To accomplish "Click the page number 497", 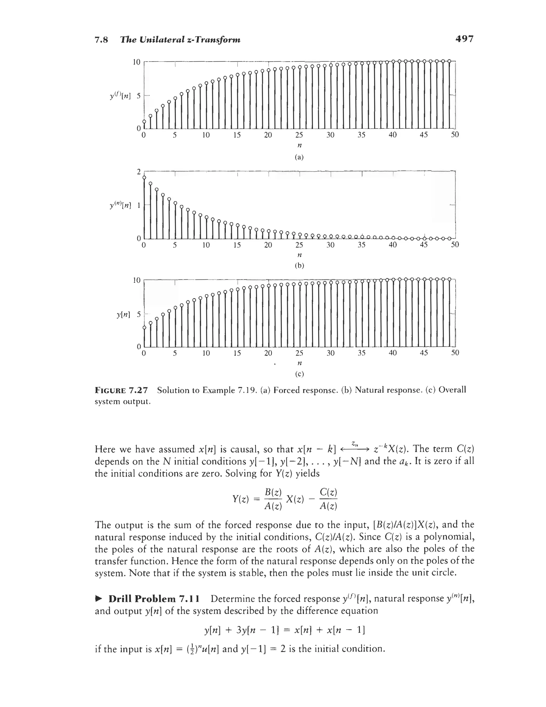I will coord(464,39).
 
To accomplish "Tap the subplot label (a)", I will coord(299,157).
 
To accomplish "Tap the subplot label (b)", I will coord(299,266).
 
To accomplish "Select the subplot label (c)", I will coord(299,374).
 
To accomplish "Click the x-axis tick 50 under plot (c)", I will coord(455,353).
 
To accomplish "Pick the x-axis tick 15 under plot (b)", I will coord(237,245).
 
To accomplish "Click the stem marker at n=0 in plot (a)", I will coord(144,122).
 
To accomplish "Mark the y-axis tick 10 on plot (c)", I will coord(137,280).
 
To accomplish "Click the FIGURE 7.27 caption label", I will coord(121,390).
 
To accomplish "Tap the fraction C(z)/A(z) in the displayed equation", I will coord(328,499).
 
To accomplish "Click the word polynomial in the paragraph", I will coord(449,537).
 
